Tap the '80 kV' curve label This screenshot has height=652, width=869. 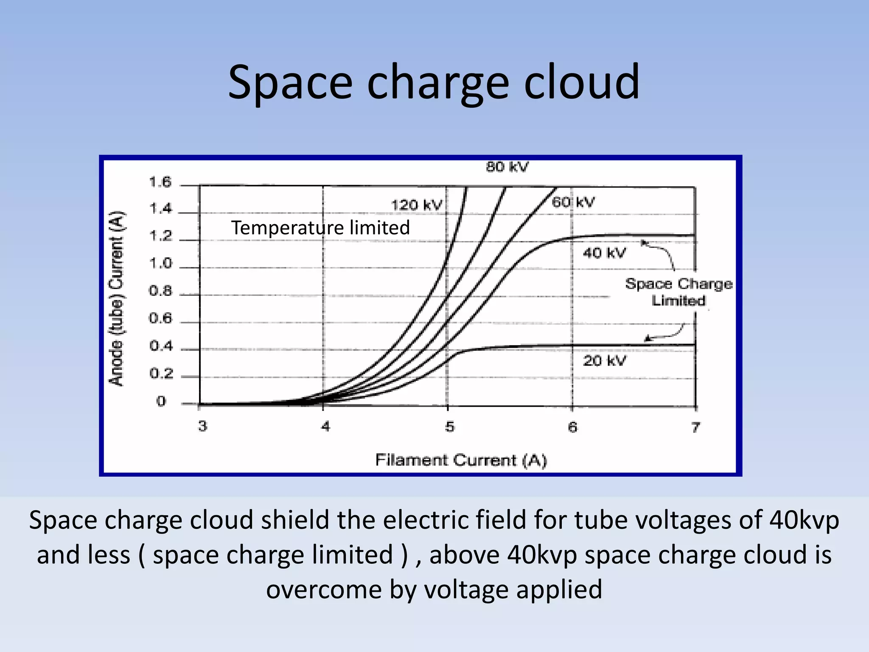pyautogui.click(x=507, y=167)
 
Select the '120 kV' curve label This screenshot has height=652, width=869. pyautogui.click(x=416, y=205)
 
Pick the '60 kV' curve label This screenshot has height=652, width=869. pyautogui.click(x=573, y=202)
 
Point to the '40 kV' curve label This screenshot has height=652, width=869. pyautogui.click(x=604, y=253)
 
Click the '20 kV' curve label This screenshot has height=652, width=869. pyautogui.click(x=604, y=361)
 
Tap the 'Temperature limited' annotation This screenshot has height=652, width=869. pyautogui.click(x=320, y=228)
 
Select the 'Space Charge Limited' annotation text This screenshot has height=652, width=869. pyautogui.click(x=678, y=292)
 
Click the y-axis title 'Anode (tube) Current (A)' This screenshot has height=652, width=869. pyautogui.click(x=116, y=298)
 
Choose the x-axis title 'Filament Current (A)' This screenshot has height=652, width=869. pyautogui.click(x=461, y=460)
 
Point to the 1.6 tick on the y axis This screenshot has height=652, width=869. pyautogui.click(x=160, y=183)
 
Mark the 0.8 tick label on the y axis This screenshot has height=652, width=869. pyautogui.click(x=160, y=291)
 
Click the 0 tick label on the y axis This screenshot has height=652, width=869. pyautogui.click(x=161, y=401)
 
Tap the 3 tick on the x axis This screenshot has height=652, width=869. pyautogui.click(x=202, y=426)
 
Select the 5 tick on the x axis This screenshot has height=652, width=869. pyautogui.click(x=449, y=426)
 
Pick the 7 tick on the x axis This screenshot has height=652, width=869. pyautogui.click(x=695, y=427)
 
